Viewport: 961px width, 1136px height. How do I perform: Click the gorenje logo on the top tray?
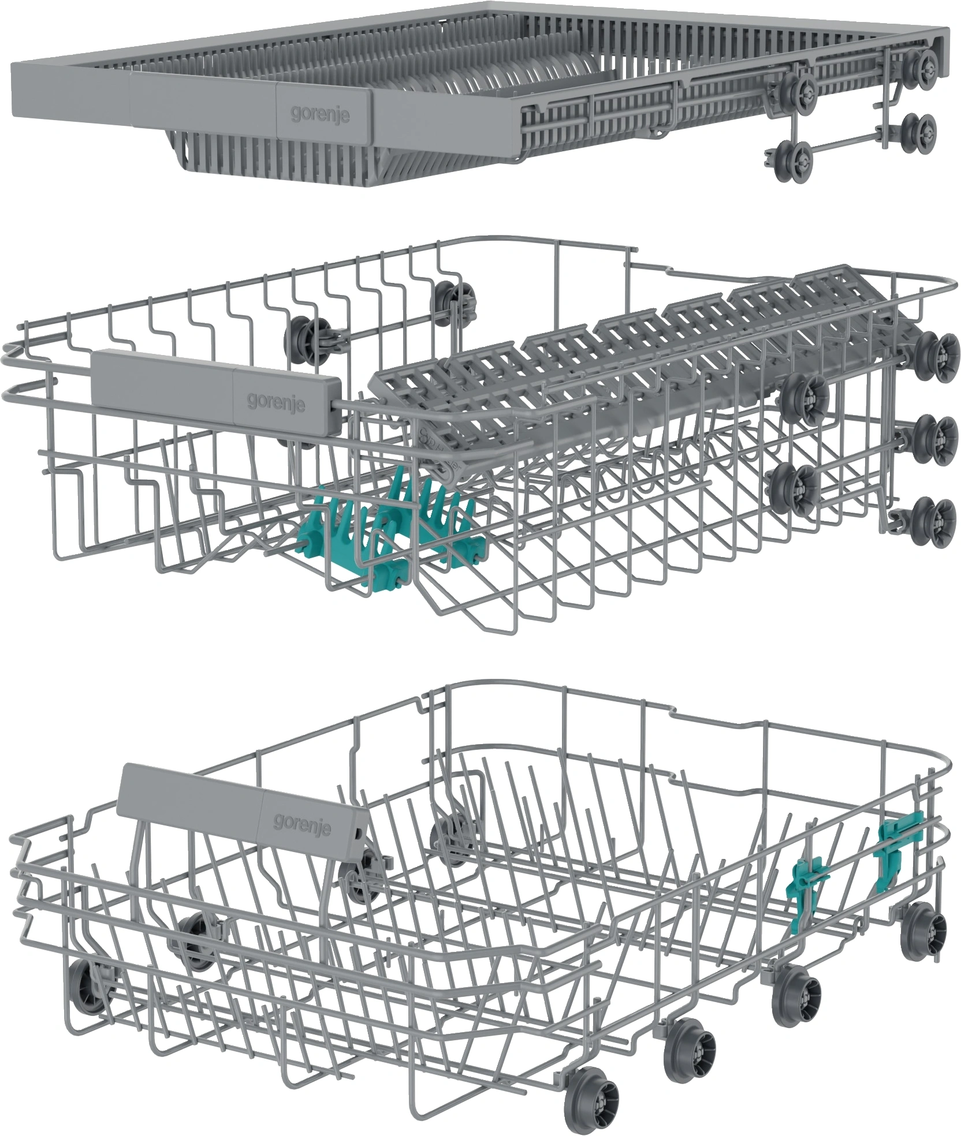[x=320, y=114]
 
